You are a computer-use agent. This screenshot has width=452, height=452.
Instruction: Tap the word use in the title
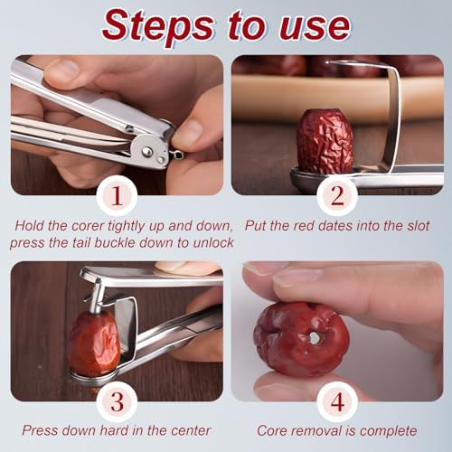315,28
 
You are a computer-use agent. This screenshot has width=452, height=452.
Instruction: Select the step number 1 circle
118,196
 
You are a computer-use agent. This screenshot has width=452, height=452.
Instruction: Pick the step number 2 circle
337,196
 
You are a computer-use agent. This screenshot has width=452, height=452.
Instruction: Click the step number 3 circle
118,402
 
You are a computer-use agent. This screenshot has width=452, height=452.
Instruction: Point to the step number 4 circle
337,402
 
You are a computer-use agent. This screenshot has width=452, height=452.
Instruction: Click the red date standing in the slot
325,141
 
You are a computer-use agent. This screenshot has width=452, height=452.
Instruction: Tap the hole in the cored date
315,338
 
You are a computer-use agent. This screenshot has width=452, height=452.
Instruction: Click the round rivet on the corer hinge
146,152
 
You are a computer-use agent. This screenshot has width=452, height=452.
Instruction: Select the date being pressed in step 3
95,343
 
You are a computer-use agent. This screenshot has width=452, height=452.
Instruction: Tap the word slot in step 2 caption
419,226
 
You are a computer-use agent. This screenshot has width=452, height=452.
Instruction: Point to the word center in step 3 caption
191,431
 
